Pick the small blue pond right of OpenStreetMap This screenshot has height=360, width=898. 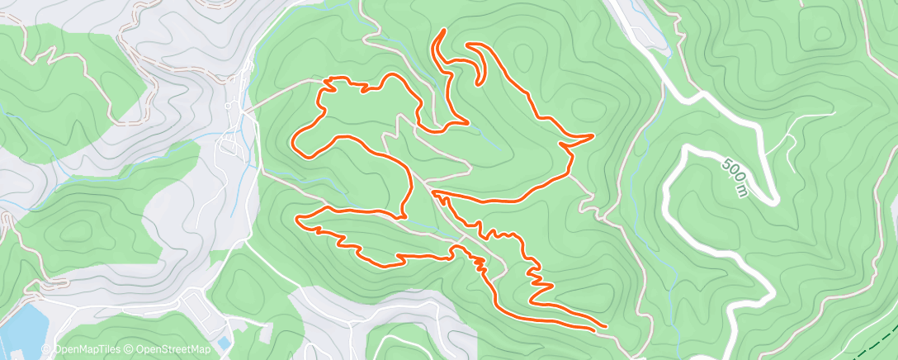(x=224, y=340)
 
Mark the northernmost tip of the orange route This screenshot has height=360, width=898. (x=444, y=31)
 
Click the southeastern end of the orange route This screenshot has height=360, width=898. (x=605, y=328)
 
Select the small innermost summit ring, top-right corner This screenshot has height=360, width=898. (x=824, y=33)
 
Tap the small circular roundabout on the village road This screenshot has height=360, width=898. (x=229, y=107)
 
